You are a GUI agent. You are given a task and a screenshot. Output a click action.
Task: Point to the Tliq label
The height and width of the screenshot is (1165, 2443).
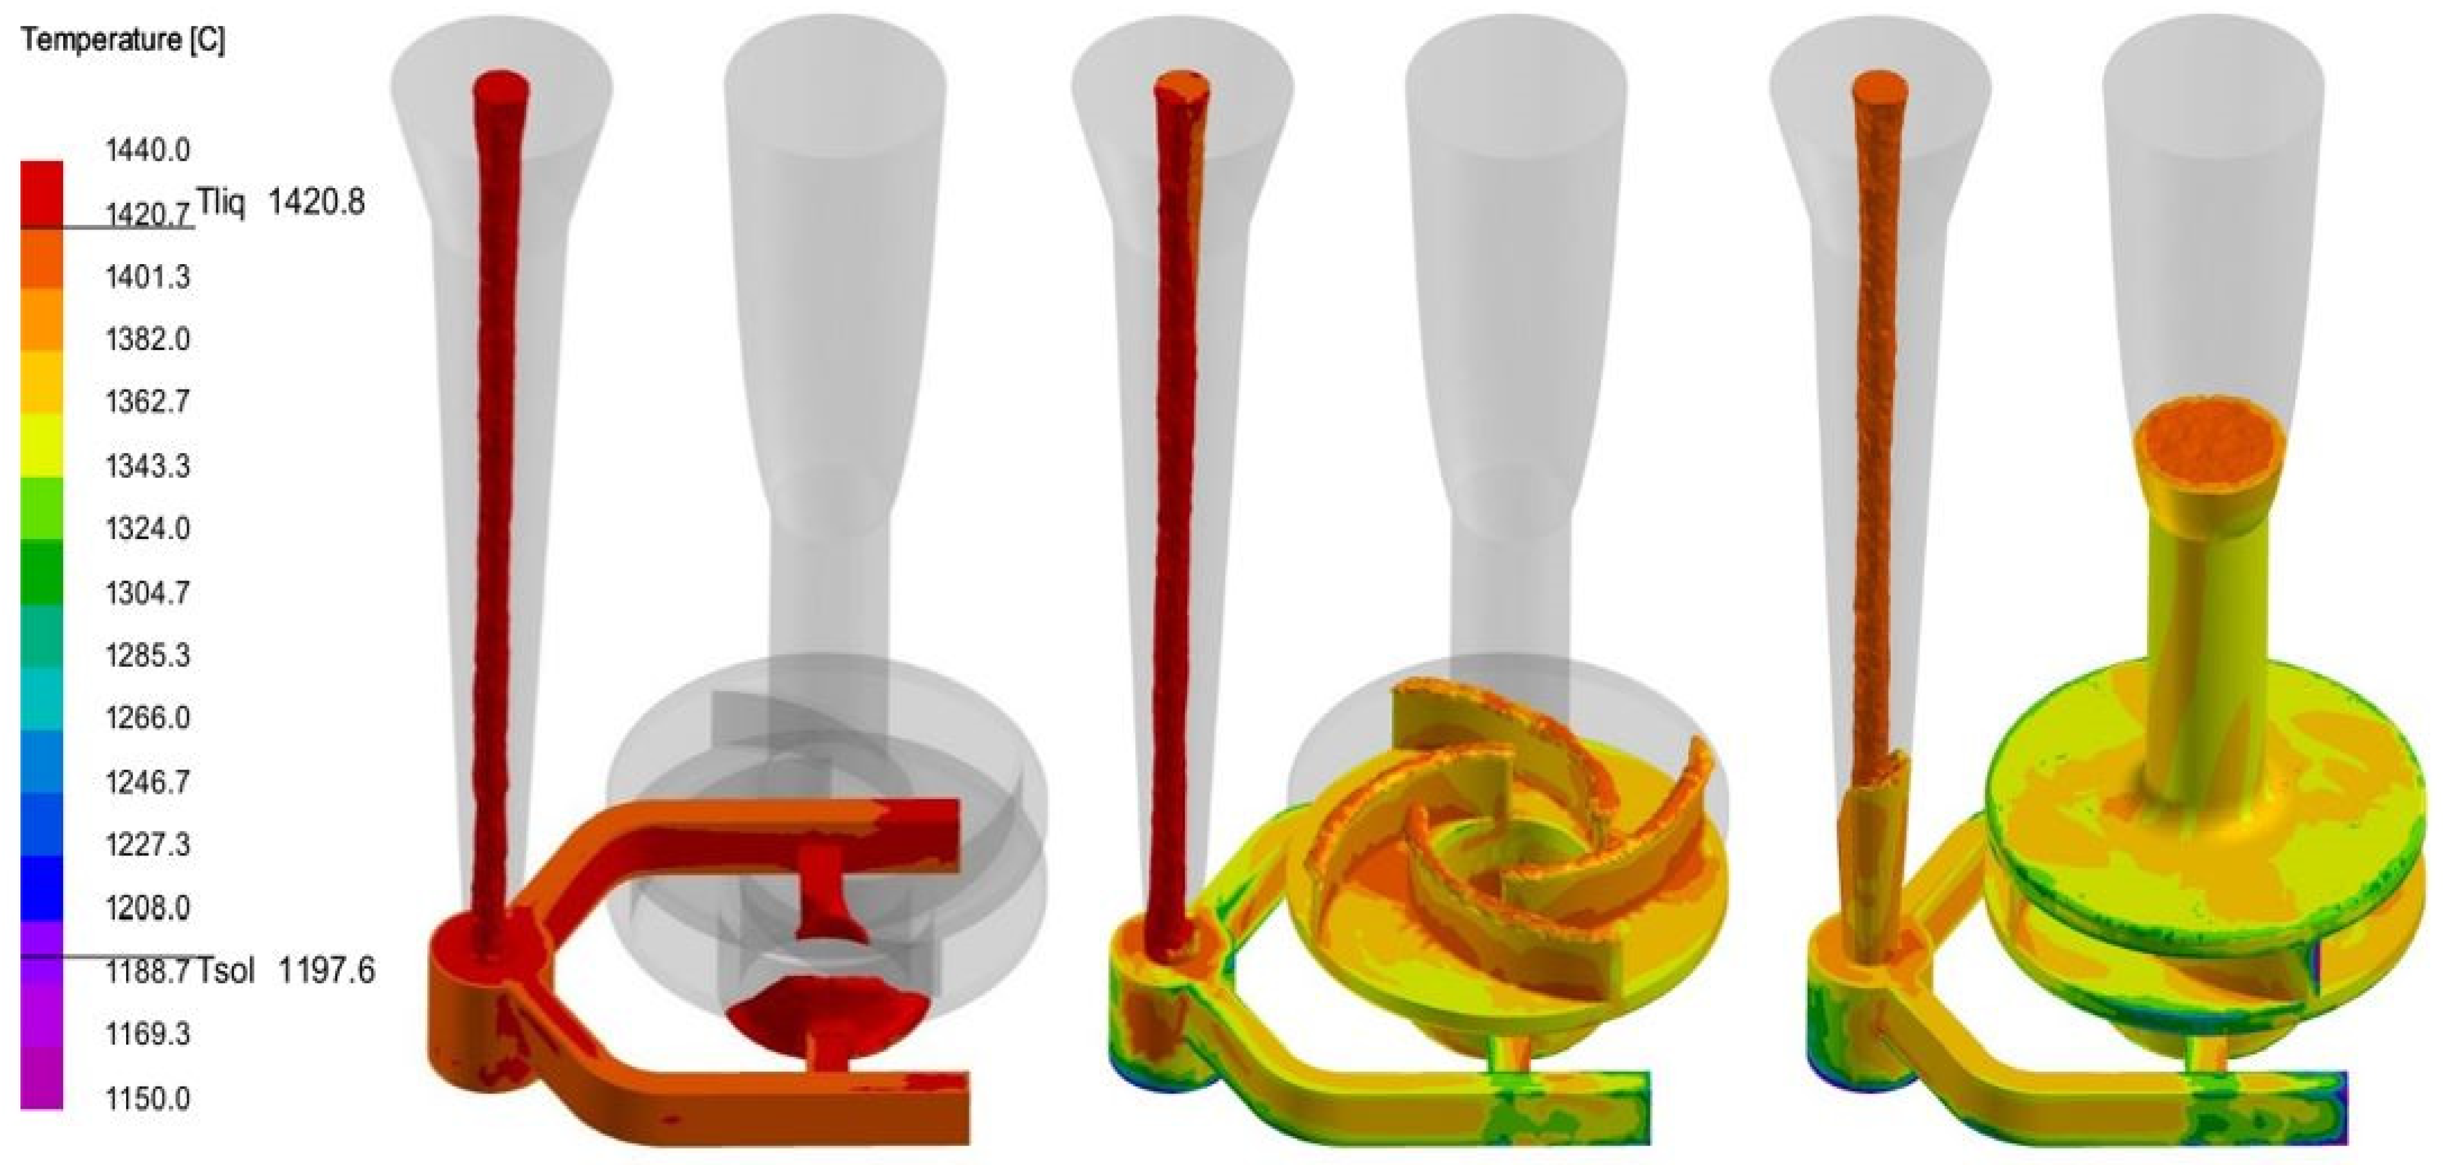tap(220, 202)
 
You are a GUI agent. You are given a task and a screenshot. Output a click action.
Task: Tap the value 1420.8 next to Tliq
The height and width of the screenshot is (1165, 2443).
tap(316, 202)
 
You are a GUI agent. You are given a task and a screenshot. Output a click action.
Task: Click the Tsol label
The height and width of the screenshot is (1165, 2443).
tap(226, 971)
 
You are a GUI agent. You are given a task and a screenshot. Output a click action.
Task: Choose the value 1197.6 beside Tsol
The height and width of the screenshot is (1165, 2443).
tap(326, 971)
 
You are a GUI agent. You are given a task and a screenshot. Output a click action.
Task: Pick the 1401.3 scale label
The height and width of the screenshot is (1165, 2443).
tap(147, 277)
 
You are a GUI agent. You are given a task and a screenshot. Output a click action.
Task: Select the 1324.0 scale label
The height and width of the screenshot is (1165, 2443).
tap(147, 528)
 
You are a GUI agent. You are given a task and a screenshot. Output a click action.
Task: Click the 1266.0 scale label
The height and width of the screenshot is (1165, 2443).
tap(147, 717)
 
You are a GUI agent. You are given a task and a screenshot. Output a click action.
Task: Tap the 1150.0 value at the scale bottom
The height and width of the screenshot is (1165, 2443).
tap(147, 1099)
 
